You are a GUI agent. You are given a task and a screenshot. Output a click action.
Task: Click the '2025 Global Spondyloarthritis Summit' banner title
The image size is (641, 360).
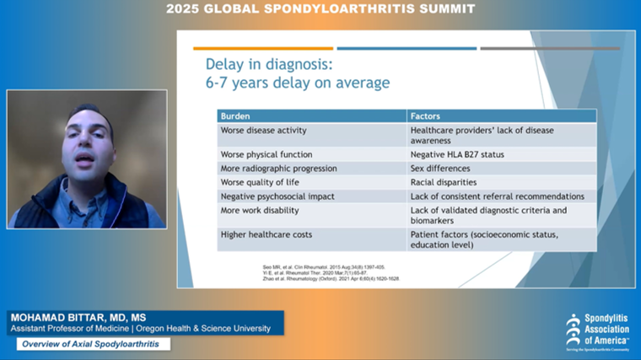pyautogui.click(x=320, y=9)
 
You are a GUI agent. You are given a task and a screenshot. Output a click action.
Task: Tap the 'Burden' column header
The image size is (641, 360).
pyautogui.click(x=236, y=116)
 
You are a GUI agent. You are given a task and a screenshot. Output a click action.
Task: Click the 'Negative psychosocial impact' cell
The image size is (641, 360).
pyautogui.click(x=277, y=196)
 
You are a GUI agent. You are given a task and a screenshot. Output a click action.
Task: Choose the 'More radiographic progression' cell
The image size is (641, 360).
pyautogui.click(x=278, y=169)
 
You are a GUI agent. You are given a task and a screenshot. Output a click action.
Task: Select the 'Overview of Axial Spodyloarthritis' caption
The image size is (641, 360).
pyautogui.click(x=94, y=344)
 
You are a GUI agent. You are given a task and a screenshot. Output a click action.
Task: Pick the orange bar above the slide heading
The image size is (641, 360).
pyautogui.click(x=263, y=48)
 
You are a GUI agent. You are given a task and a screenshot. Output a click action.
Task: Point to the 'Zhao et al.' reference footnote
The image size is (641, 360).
pyautogui.click(x=331, y=277)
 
